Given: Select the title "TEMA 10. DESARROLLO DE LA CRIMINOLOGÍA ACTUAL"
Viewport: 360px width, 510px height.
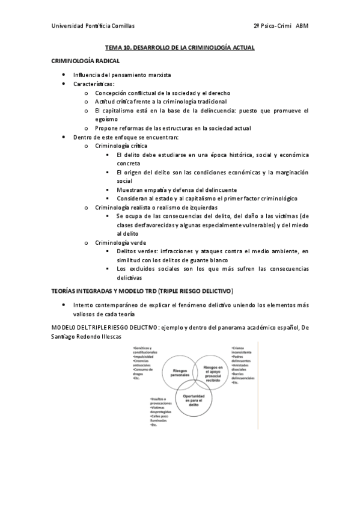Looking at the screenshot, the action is coord(180,47).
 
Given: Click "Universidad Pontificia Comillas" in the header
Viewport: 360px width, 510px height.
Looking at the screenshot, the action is coord(93,26).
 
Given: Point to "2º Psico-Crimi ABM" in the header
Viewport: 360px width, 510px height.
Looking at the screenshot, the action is coord(281,26).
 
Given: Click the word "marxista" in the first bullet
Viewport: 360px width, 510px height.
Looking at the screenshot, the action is coord(157,75).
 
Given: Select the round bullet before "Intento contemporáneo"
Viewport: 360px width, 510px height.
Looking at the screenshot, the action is coord(64,305).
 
